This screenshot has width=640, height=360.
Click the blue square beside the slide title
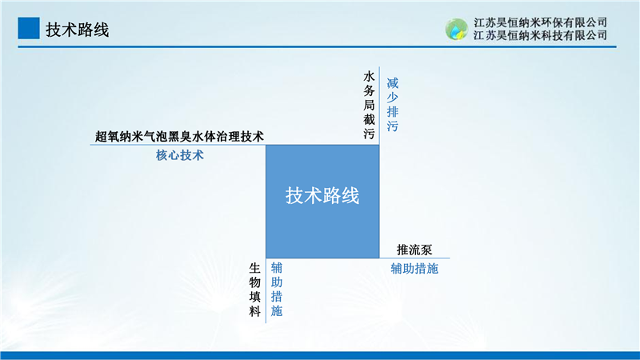tap(29, 28)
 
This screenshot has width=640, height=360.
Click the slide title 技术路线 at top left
tap(77, 30)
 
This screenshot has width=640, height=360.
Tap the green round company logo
tap(456, 29)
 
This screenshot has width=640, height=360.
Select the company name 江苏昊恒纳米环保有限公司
tap(540, 22)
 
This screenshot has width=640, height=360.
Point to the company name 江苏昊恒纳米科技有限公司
tap(540, 35)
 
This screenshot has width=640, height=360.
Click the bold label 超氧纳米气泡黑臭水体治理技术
tap(179, 136)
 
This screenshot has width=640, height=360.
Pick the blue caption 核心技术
tap(179, 155)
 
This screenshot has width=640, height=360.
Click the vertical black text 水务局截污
tap(369, 105)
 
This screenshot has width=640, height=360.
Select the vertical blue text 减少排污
tap(392, 105)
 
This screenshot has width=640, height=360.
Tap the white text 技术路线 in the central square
tap(322, 195)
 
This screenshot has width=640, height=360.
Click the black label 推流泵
tap(414, 250)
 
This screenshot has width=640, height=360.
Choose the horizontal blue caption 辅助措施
tap(414, 269)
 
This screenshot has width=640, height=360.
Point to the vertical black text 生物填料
tap(254, 290)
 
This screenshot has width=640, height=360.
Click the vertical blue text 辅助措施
tap(276, 290)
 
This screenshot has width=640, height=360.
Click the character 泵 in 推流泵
tap(426, 250)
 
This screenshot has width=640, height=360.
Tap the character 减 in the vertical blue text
tap(392, 83)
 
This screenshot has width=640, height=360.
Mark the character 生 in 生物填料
tap(254, 268)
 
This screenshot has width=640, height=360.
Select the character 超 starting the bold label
tap(101, 136)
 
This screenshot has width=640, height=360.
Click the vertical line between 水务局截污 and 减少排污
tap(379, 106)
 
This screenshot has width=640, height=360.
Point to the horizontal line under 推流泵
tap(414, 258)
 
